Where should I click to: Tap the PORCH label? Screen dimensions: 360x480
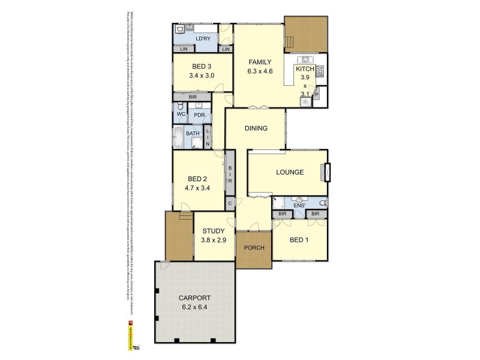(x=254, y=248)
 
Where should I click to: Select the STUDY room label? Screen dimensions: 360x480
(x=214, y=231)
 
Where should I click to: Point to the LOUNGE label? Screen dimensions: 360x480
(x=290, y=172)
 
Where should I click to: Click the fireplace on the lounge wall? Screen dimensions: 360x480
(x=325, y=172)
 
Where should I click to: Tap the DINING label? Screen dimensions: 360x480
(x=256, y=128)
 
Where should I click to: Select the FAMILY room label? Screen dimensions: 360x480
(x=260, y=62)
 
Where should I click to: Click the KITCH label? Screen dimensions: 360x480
(x=304, y=69)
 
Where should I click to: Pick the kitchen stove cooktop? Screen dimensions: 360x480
(x=320, y=71)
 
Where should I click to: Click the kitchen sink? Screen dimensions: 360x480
(x=305, y=59)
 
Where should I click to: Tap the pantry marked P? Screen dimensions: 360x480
(x=317, y=95)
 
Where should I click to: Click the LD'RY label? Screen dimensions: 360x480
(x=203, y=39)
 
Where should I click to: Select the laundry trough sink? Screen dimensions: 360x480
(x=181, y=29)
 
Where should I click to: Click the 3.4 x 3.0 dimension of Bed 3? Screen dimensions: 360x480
(x=202, y=76)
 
